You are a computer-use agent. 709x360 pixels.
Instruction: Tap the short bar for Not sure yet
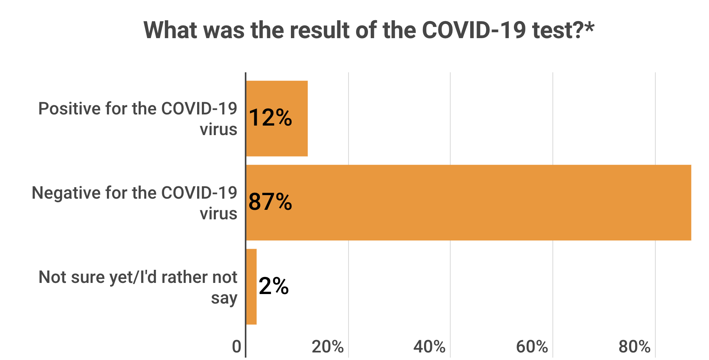(x=251, y=286)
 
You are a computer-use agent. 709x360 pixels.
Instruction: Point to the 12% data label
(x=271, y=118)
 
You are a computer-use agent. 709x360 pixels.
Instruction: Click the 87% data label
(x=271, y=202)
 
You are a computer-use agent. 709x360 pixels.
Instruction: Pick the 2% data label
(x=274, y=286)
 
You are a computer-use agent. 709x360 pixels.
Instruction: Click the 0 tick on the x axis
(x=236, y=347)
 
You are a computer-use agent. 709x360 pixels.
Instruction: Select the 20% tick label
(x=327, y=347)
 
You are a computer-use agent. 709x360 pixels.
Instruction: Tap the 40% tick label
(x=429, y=347)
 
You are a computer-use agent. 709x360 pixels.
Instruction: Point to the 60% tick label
(x=532, y=347)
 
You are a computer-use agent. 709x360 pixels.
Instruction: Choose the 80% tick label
(x=634, y=347)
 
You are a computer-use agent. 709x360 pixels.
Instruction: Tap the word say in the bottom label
(x=224, y=298)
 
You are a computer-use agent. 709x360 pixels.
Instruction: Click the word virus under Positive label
(x=219, y=130)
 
